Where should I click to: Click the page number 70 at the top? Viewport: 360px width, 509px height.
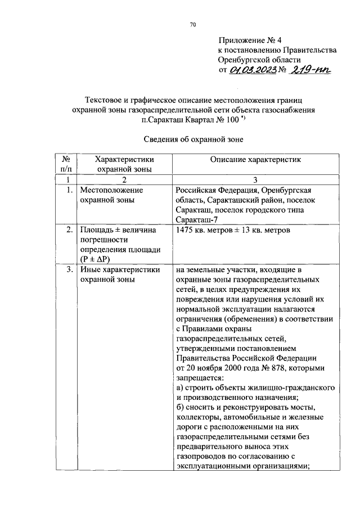click(x=192, y=24)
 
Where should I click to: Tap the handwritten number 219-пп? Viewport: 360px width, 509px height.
click(x=311, y=69)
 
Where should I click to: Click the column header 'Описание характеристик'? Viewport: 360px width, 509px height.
click(x=255, y=160)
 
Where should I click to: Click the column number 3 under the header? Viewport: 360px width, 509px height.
click(x=255, y=179)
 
